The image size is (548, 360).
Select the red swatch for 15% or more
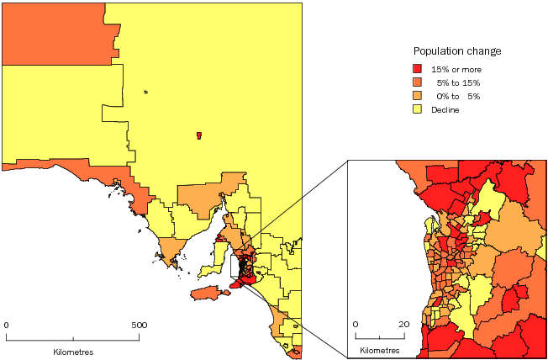pyautogui.click(x=417, y=68)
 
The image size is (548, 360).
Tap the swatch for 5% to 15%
pyautogui.click(x=417, y=82)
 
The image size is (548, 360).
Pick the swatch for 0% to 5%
pyautogui.click(x=417, y=96)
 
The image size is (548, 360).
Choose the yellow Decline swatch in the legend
pyautogui.click(x=417, y=109)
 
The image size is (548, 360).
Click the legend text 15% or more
pyautogui.click(x=456, y=68)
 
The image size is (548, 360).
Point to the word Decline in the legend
pyautogui.click(x=445, y=109)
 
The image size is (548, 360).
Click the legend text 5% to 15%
pyautogui.click(x=457, y=82)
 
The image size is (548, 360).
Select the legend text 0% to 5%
pyautogui.click(x=457, y=96)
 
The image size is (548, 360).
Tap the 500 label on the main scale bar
pyautogui.click(x=140, y=324)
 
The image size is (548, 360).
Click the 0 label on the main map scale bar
pyautogui.click(x=7, y=324)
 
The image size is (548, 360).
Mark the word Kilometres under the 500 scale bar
pyautogui.click(x=72, y=350)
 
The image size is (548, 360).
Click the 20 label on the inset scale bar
pyautogui.click(x=403, y=324)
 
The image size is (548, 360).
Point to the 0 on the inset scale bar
pyautogui.click(x=356, y=324)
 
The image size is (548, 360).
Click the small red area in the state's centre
pyautogui.click(x=198, y=135)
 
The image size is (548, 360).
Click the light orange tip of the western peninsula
pyautogui.click(x=172, y=249)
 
